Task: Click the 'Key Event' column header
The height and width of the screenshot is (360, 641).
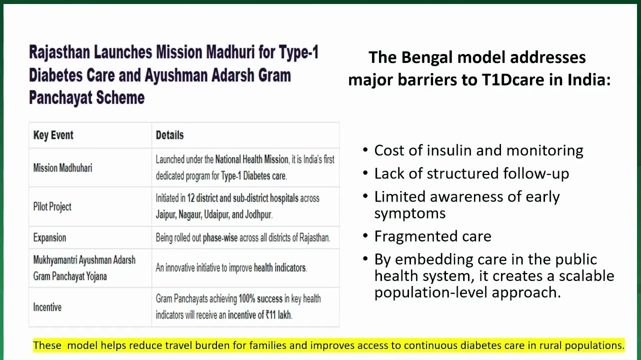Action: (x=53, y=135)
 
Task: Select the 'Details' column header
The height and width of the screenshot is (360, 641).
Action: (x=169, y=135)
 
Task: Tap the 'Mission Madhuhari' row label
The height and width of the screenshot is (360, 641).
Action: (x=62, y=167)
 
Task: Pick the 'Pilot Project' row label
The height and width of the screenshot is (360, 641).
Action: (x=52, y=206)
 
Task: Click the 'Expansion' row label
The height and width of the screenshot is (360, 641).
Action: (x=49, y=237)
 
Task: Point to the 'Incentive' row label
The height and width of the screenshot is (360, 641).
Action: (x=47, y=307)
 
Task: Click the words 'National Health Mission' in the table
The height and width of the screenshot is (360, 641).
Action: (x=251, y=159)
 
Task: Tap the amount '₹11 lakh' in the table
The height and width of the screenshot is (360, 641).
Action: (x=278, y=315)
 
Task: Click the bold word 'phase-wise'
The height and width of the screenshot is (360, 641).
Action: (x=220, y=238)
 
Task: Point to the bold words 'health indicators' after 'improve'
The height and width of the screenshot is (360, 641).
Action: (x=280, y=268)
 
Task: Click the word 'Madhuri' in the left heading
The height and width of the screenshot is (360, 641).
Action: (x=230, y=52)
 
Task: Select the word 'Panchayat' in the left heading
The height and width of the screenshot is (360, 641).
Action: (x=60, y=97)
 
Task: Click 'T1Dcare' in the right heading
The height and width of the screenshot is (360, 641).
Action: (x=513, y=79)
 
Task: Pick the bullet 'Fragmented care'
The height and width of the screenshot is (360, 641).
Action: (x=432, y=236)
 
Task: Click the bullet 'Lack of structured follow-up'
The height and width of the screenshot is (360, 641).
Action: (x=471, y=173)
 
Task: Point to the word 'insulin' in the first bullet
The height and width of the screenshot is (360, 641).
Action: (x=449, y=150)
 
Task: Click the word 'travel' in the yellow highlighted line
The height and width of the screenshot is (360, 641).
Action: (x=178, y=345)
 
